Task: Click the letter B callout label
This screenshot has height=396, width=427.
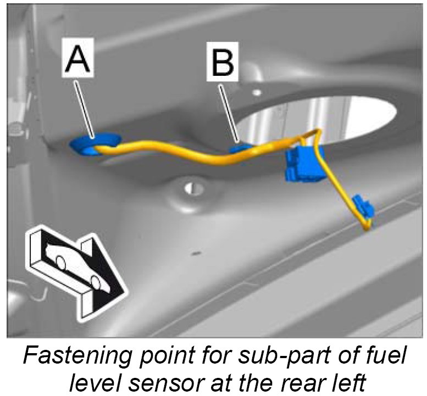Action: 223,64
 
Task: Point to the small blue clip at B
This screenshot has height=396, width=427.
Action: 240,147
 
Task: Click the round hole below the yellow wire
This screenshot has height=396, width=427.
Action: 190,189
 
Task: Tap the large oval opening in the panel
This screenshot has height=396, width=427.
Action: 319,118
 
